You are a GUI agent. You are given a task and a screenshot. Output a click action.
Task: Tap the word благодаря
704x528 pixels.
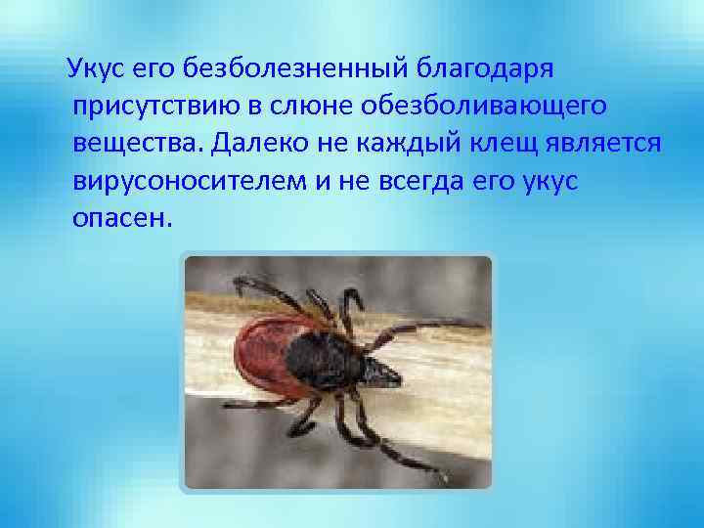[486, 70]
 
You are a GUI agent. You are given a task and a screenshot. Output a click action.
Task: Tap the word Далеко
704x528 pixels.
[256, 144]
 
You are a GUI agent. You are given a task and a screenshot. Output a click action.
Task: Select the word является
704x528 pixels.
[605, 144]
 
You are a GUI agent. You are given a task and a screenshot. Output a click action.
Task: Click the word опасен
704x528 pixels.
[121, 217]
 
